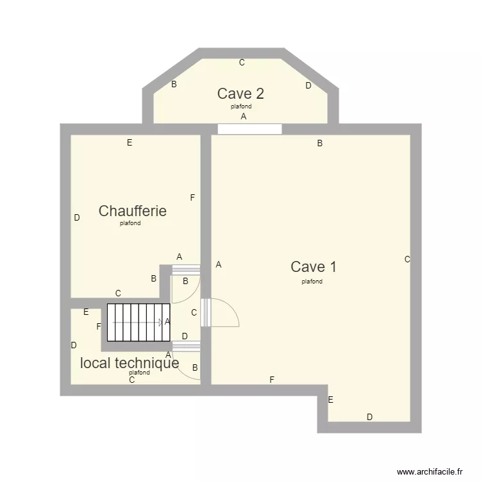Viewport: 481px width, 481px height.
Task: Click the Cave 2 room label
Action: point(240,94)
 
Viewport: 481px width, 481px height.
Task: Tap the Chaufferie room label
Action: point(132,211)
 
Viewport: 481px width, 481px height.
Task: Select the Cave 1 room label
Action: point(313,267)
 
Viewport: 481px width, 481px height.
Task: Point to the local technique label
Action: point(129,363)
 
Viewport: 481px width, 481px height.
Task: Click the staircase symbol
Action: point(137,323)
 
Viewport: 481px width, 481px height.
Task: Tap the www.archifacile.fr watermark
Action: point(430,471)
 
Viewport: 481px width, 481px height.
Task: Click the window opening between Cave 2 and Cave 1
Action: point(249,129)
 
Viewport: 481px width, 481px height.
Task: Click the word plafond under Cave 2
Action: point(241,106)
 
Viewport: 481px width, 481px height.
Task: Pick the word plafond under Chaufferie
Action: point(130,224)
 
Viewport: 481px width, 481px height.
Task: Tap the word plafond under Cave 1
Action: point(312,282)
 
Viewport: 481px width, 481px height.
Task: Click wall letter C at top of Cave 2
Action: point(242,63)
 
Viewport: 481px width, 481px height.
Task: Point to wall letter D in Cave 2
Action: point(308,85)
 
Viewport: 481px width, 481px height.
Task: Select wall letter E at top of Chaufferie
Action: point(130,143)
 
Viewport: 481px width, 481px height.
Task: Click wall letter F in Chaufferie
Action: point(192,198)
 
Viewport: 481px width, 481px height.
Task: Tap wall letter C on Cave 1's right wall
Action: point(407,260)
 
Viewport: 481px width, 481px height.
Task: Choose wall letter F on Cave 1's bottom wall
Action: point(272,380)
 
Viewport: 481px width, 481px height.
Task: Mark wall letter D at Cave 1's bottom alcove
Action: point(369,417)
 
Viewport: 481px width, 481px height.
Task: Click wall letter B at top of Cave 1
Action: point(319,144)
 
